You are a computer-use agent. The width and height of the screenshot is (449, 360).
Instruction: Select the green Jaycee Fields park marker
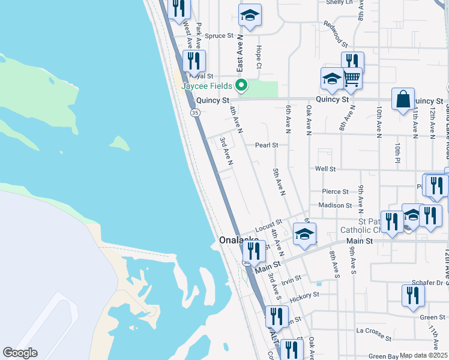pos(241,86)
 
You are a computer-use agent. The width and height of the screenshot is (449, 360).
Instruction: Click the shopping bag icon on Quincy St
pos(403,99)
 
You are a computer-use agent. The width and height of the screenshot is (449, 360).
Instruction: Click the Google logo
pos(20,353)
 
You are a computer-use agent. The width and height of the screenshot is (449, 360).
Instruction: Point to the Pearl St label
pos(267,145)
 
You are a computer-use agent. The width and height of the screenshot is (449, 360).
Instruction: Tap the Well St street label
pos(325,169)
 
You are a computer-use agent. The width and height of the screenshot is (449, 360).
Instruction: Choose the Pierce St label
pos(335,192)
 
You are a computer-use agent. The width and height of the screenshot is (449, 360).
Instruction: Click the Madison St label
pos(335,205)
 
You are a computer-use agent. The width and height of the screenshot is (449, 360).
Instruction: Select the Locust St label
pos(268,227)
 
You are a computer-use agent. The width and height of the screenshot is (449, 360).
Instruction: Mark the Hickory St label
pos(304,296)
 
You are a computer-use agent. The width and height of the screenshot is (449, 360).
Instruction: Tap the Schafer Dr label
pos(427,282)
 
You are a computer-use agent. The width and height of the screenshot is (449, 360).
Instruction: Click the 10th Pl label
pos(397,153)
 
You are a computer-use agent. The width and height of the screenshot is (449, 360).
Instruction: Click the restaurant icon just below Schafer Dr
pos(412,295)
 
